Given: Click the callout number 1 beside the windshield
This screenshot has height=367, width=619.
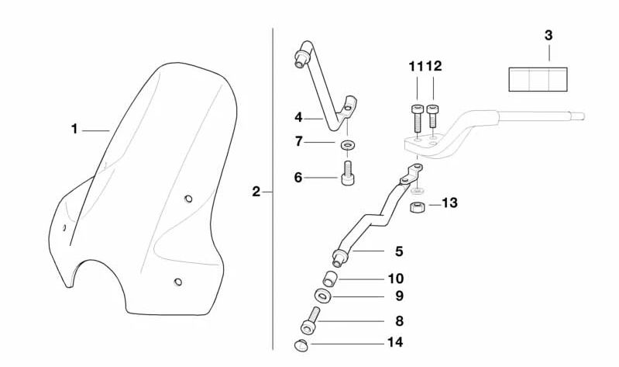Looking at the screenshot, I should click(x=74, y=130).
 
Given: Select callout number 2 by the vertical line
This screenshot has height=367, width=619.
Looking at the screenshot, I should click(x=256, y=191).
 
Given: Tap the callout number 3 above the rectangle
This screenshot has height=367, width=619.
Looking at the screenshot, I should click(x=549, y=36).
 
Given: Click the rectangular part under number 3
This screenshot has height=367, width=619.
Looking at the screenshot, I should click(x=538, y=79).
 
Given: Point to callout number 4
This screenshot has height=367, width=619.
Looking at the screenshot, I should click(x=297, y=118).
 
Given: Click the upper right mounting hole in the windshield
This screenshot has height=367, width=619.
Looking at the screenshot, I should click(x=187, y=199).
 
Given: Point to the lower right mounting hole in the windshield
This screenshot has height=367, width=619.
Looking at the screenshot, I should click(x=177, y=282).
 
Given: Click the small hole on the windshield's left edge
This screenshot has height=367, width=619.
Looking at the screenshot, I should click(x=64, y=227).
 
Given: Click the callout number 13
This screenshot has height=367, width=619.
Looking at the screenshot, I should click(x=449, y=203).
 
